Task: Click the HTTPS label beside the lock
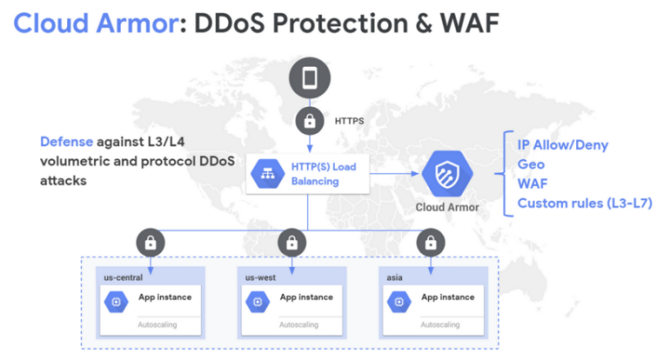pos(349,121)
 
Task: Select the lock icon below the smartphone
pos(308,121)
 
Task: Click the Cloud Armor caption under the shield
pos(447,208)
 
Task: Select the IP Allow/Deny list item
pos(562,145)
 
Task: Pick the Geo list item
pos(530,165)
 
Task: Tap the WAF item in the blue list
pos(533,184)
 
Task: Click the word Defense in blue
pos(66,142)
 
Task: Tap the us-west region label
pos(260,277)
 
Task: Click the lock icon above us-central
pos(150,243)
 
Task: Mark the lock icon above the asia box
pos(430,243)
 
